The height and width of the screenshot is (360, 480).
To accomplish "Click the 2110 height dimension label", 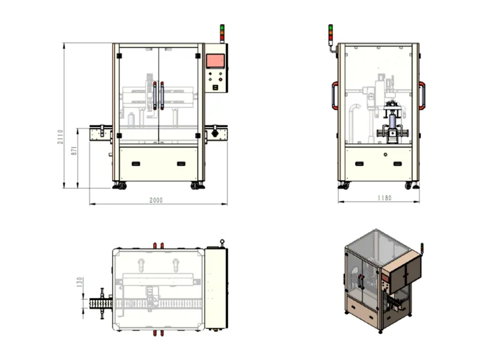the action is (61, 137).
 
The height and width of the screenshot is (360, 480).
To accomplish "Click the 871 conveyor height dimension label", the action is (74, 151).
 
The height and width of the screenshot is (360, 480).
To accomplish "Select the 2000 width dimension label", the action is (156, 200).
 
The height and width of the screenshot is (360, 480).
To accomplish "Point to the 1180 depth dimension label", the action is (385, 198).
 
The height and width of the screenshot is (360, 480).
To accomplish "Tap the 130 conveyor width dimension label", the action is (80, 282).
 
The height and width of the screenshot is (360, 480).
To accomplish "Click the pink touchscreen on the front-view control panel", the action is (215, 61).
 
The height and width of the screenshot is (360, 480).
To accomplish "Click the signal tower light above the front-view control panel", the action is (222, 34).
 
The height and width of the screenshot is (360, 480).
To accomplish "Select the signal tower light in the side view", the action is (331, 35).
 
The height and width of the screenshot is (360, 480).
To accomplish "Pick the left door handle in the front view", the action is (155, 95).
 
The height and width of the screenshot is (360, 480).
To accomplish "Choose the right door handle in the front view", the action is (162, 95).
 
